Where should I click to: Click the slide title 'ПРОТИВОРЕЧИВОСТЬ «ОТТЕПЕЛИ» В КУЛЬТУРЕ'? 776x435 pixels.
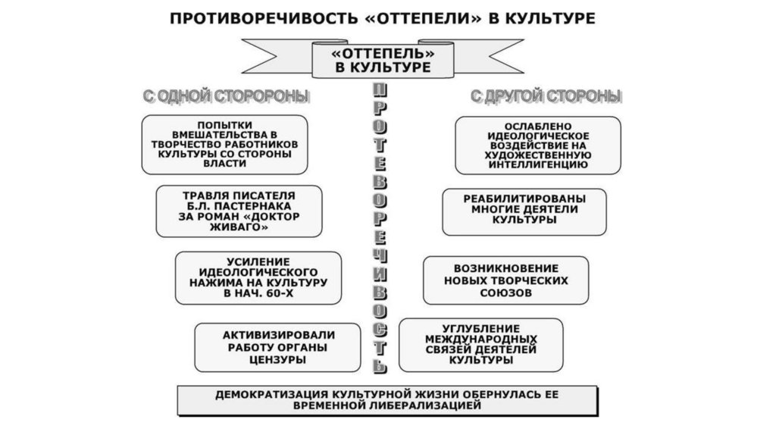(383, 18)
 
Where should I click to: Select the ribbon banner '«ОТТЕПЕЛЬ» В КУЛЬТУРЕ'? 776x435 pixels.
(383, 61)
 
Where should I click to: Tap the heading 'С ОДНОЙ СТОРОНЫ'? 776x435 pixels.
(226, 97)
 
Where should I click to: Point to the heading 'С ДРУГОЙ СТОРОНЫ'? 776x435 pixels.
(546, 97)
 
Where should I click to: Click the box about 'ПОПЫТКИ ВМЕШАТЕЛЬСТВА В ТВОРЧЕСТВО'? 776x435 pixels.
(224, 144)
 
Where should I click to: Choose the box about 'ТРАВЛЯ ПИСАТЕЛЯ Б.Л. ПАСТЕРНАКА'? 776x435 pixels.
(239, 210)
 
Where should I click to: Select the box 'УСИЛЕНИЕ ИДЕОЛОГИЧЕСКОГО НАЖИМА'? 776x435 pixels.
(258, 277)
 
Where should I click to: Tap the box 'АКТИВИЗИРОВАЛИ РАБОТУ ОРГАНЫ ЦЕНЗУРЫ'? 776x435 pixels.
(278, 347)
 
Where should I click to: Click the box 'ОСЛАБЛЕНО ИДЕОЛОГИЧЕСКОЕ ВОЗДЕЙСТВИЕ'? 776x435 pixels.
(537, 144)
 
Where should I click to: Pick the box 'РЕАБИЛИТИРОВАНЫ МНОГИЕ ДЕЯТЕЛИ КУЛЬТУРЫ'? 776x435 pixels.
(524, 210)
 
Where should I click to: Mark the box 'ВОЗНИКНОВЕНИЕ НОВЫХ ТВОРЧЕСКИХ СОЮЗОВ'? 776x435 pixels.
(505, 280)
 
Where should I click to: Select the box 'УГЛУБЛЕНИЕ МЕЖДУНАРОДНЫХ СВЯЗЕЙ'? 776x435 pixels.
(480, 345)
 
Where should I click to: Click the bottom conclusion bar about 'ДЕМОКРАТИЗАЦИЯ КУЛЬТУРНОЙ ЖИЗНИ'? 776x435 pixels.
(387, 400)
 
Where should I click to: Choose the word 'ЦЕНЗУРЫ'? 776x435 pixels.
(278, 360)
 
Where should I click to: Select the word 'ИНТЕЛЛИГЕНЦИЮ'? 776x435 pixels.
(539, 164)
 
